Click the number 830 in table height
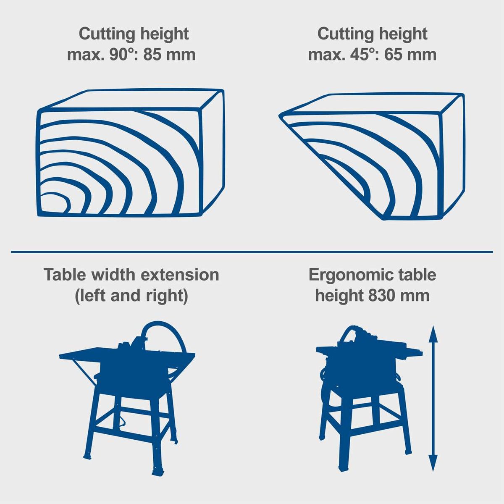381,295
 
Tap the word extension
179,275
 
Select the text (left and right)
131,295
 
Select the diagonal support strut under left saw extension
83,372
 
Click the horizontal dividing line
252,252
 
